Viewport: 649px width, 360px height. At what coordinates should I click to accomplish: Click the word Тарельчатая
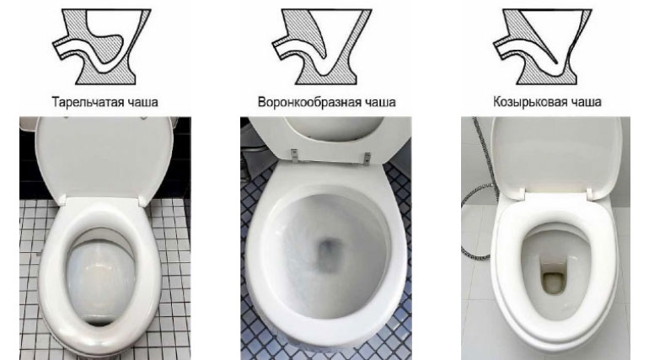[78, 103]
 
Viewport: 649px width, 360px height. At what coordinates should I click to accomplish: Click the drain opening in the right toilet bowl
[551, 278]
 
